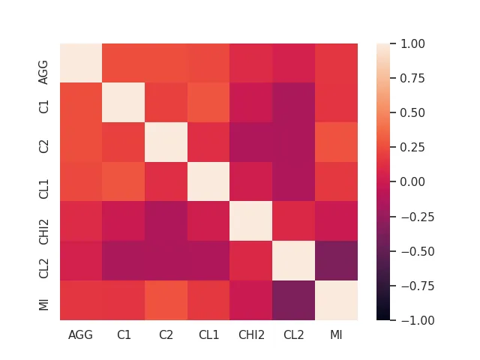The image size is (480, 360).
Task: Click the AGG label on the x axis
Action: point(81,334)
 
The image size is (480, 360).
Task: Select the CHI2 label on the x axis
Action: point(251,334)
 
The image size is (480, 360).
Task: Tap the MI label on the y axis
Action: point(44,301)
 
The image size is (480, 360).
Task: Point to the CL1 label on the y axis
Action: point(44,182)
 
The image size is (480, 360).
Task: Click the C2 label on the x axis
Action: point(166,334)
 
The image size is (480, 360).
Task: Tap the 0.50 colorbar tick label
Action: point(412,112)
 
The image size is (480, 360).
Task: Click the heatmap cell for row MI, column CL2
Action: point(294,301)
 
